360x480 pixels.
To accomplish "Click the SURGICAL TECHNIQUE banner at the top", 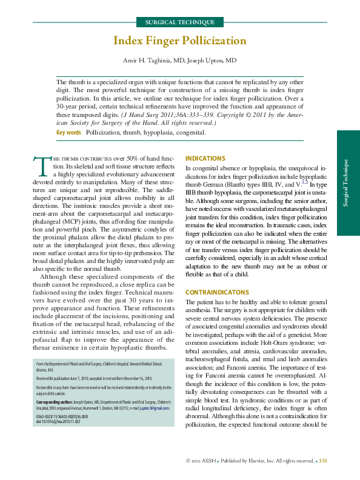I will (179, 22).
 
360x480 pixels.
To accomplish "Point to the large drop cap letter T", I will (42, 165).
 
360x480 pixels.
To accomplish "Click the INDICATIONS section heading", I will (205, 158).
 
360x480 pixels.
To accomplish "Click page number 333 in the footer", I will (323, 462).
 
